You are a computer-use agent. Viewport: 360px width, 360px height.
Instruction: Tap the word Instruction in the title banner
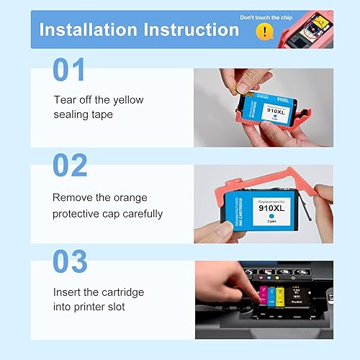pyautogui.click(x=192, y=30)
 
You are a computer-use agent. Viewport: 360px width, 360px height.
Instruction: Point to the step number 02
pyautogui.click(x=70, y=166)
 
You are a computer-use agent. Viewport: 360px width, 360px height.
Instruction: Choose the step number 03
pyautogui.click(x=70, y=261)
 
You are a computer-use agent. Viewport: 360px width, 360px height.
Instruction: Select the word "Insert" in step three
pyautogui.click(x=66, y=292)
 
